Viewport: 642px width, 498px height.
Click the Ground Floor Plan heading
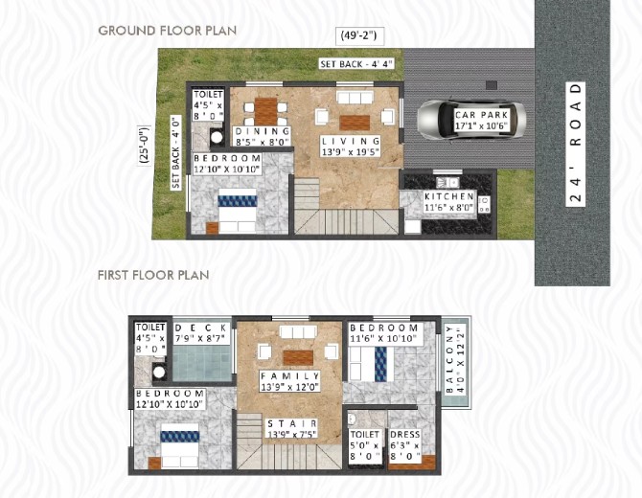click(168, 31)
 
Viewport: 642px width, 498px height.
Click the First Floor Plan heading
click(153, 275)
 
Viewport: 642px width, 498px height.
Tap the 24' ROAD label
click(575, 144)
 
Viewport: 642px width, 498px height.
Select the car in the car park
click(471, 120)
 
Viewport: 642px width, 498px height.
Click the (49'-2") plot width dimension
click(360, 35)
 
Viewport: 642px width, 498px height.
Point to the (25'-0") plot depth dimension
click(145, 146)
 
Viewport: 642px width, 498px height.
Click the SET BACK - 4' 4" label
click(356, 64)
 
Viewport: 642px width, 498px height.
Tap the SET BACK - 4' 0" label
click(176, 152)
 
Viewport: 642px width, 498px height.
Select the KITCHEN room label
click(449, 202)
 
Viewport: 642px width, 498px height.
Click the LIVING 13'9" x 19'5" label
click(351, 147)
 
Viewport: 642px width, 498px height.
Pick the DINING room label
click(262, 137)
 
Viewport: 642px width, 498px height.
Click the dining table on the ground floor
click(266, 111)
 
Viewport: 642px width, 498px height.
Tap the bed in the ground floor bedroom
click(237, 211)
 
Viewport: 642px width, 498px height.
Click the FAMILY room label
click(290, 381)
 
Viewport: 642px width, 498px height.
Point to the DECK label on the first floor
click(201, 333)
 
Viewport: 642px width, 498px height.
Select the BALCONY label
click(455, 359)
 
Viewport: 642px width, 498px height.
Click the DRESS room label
click(405, 444)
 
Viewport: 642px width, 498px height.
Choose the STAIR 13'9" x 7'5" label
click(292, 428)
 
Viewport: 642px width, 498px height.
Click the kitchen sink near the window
click(447, 181)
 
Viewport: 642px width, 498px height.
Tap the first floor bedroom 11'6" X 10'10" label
click(383, 333)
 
